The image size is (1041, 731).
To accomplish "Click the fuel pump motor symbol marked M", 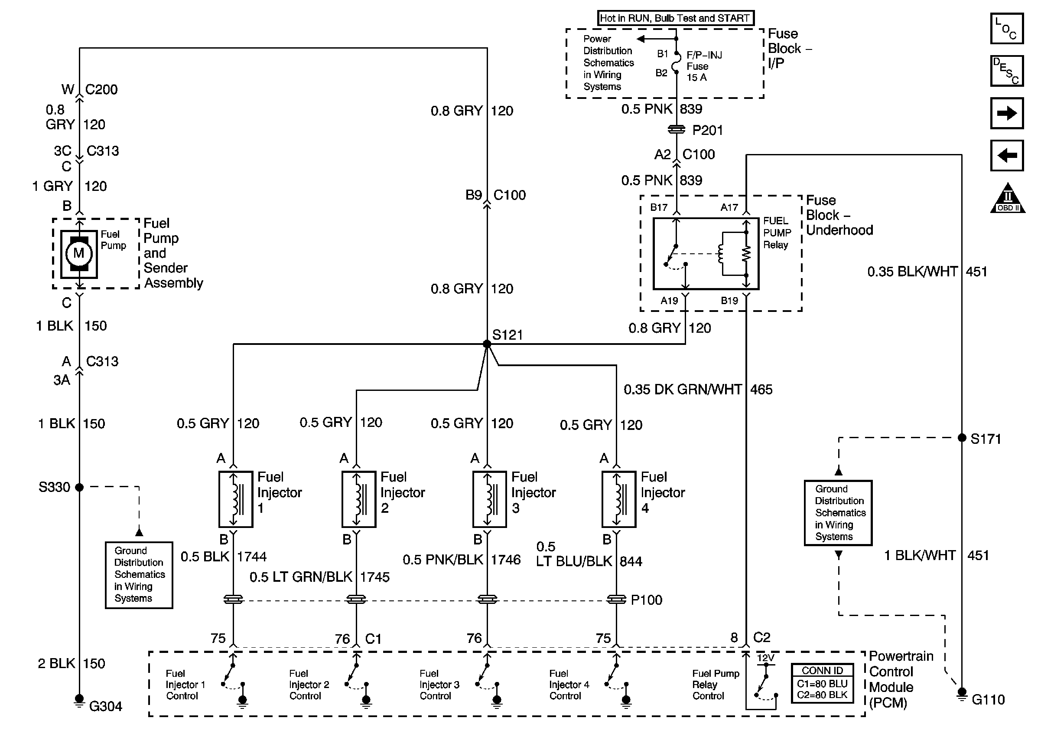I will coord(79,253).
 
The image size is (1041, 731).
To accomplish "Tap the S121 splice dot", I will coord(487,344).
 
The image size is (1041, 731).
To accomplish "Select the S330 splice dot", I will coord(79,487).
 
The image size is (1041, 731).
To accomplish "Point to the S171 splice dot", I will coord(962,438).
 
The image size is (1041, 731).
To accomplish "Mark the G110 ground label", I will coord(989,700).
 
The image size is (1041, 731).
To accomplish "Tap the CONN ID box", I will coord(822,683).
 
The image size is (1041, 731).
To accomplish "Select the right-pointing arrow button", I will coord(1006,113).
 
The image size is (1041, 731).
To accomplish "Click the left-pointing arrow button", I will coord(1006,156).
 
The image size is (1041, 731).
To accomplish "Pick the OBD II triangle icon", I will coord(1008,199).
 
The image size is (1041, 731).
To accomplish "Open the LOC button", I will coord(1006,29).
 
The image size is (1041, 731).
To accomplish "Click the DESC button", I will coord(1006,71).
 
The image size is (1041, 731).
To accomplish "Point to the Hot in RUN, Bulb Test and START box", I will coord(675,18).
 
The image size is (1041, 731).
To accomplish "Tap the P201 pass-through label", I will coord(707,131).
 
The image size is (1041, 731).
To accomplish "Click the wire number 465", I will coord(761,389).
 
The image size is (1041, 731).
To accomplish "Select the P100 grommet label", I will coord(647,600).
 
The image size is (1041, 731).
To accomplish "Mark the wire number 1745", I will coord(375,577).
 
